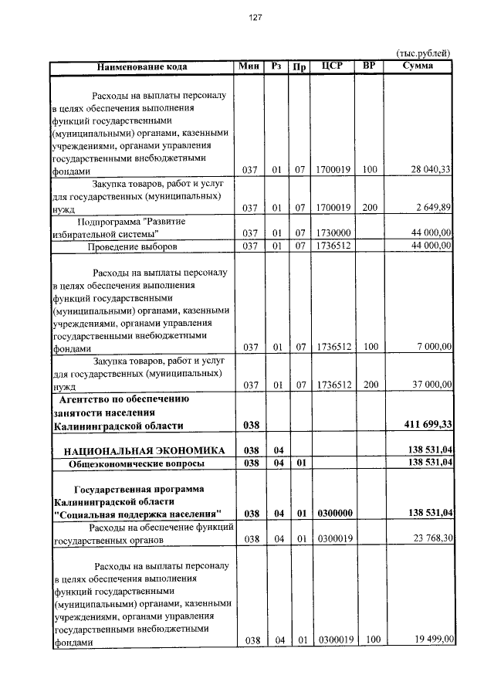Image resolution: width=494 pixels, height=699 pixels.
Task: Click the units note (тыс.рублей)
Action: [x=423, y=53]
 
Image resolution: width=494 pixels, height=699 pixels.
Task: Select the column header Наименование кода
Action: [x=142, y=67]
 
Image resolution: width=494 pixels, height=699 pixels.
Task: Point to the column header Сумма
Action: [x=418, y=66]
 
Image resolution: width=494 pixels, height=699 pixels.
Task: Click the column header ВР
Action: [x=369, y=66]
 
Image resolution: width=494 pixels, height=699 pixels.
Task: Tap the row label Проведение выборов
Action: [x=133, y=246]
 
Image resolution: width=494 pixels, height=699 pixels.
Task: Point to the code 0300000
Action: [x=333, y=513]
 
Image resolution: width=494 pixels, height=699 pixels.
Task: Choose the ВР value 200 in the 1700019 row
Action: [x=369, y=208]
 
